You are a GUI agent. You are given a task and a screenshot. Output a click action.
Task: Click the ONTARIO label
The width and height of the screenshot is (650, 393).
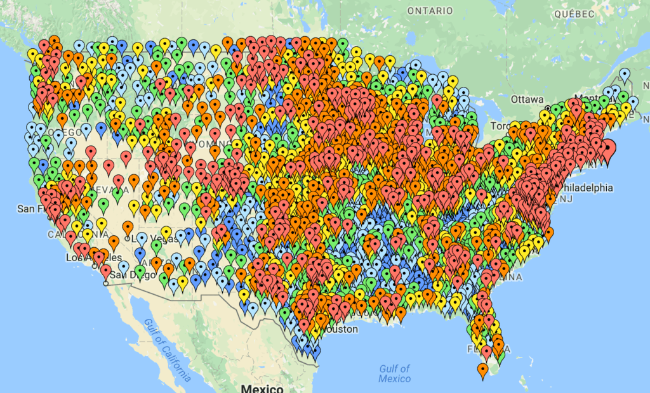pos(430,11)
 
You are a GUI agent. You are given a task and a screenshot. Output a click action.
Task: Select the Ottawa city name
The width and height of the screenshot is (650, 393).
pos(527,100)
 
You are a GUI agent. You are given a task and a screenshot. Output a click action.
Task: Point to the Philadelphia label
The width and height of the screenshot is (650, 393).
pos(587,188)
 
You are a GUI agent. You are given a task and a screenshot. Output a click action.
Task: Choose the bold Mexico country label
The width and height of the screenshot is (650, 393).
pos(262,388)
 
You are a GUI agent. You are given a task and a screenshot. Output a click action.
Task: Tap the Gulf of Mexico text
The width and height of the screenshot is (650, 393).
pos(395,373)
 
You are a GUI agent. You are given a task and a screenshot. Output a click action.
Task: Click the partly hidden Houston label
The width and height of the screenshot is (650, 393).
pos(338,330)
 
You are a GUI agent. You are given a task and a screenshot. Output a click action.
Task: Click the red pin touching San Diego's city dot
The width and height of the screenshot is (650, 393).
pos(105,271)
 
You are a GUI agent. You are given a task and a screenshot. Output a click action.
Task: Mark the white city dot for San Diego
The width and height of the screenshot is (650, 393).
pos(106,283)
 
